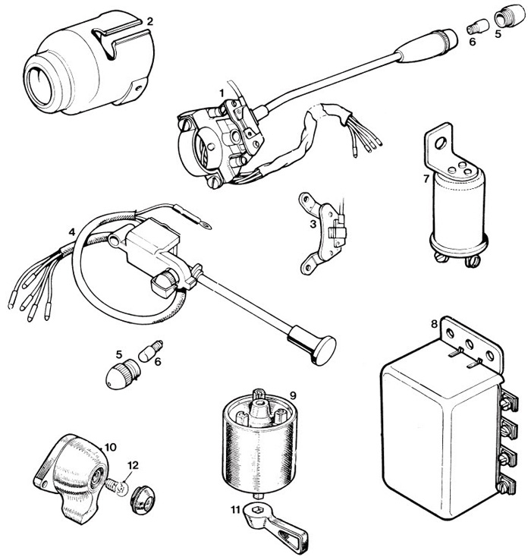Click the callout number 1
coord(221,92)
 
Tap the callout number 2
coord(149,21)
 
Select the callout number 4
coord(71,231)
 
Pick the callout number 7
coord(426,179)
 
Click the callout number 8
coord(434,323)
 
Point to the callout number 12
coord(133,464)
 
